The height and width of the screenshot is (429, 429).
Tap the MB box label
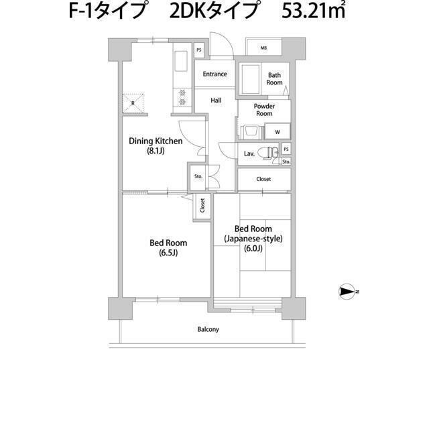pos(263,48)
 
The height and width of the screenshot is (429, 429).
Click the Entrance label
pos(214,74)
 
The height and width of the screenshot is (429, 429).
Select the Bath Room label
pos(275,79)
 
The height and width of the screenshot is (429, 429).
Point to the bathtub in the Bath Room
pos(251,80)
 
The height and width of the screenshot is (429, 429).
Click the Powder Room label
pos(263,110)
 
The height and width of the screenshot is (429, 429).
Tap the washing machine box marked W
pos(277,131)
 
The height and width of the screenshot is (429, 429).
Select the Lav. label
pos(249,154)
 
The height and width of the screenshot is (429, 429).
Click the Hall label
pos(216,101)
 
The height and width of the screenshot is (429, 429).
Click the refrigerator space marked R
pos(133,103)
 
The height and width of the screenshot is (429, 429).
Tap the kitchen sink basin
pos(181,62)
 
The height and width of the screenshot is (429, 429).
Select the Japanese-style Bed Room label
pos(253,239)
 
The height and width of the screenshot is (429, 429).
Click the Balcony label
pos(208,329)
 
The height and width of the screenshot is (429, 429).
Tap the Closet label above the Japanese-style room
pos(263,179)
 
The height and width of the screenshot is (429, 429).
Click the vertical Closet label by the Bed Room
pos(202,207)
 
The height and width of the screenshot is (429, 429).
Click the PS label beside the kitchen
pos(198,50)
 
